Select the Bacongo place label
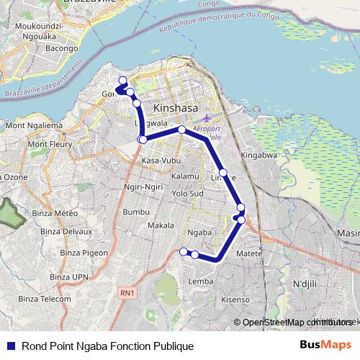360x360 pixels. click(x=62, y=48)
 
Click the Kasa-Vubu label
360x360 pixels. click(x=160, y=160)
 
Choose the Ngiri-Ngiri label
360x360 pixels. click(x=143, y=187)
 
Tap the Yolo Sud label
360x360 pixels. click(x=188, y=194)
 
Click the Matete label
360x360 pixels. click(x=249, y=253)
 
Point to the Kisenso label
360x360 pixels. click(x=235, y=299)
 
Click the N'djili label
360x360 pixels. click(x=305, y=284)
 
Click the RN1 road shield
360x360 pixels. click(x=127, y=292)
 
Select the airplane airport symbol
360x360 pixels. click(x=207, y=117)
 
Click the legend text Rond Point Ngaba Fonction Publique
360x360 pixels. click(x=107, y=346)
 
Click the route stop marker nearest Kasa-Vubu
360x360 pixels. click(x=143, y=139)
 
